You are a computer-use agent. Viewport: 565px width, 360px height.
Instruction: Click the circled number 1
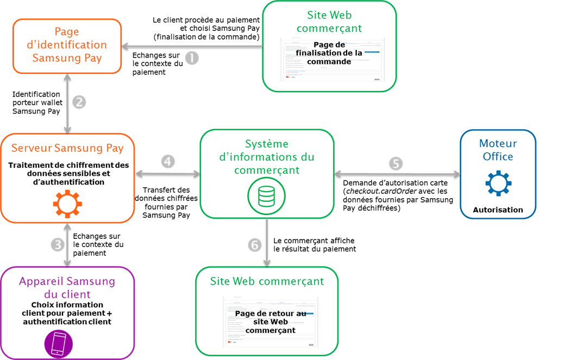click(192, 58)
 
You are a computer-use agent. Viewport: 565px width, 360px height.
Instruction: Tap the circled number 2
click(79, 102)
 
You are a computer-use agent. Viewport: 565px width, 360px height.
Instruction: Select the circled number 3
click(58, 245)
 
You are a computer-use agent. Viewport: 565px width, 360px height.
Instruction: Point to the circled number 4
click(168, 161)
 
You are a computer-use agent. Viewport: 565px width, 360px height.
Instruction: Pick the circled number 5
click(397, 163)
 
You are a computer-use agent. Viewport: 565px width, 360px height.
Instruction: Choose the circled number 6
click(254, 245)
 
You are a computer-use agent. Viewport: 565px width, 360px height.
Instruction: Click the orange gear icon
click(67, 205)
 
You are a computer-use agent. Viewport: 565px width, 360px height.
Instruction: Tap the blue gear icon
click(498, 183)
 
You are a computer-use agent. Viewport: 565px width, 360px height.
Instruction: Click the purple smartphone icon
click(58, 344)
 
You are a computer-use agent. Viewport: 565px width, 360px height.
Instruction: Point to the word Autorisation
click(498, 210)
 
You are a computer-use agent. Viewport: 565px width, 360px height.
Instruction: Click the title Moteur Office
click(498, 150)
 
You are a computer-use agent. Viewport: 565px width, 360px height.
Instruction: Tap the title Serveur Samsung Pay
click(67, 148)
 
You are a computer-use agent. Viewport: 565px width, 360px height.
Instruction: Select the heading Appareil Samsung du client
click(67, 288)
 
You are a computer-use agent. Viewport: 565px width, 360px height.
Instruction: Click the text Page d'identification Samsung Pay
click(67, 45)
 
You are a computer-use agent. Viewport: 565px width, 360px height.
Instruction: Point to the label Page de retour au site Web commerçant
click(271, 322)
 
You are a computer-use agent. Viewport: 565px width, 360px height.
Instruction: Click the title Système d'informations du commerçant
click(266, 157)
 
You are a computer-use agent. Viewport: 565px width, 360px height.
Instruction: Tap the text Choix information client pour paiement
click(67, 309)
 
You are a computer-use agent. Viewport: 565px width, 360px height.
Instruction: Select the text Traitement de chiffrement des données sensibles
click(67, 169)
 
